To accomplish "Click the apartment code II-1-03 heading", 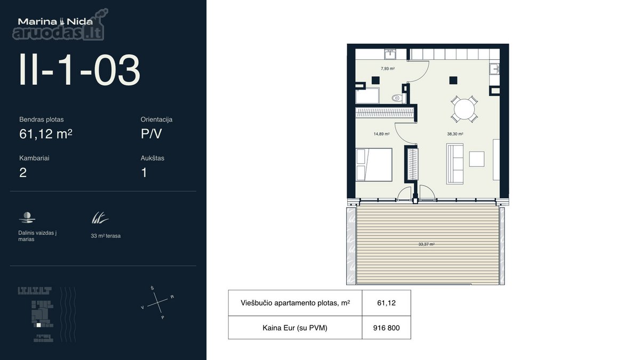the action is point(79,70).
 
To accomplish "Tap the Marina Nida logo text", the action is point(55,21).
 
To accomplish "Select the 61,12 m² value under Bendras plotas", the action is point(46,134).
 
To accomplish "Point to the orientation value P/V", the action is point(151,134).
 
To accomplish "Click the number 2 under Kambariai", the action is point(23,173).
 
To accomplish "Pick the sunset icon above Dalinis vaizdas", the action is point(27,218).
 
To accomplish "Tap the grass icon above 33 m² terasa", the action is point(100,218).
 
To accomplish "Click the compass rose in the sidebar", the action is point(158,302).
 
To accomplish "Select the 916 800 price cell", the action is point(386,327).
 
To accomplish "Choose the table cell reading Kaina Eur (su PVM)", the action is point(295,327).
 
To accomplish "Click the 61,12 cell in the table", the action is point(386,303).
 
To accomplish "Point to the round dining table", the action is point(465,109).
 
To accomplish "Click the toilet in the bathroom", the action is point(397,98).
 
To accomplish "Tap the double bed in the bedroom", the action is point(374,165).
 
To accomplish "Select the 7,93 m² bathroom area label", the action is point(388,69).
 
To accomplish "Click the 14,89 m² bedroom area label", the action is point(381,134).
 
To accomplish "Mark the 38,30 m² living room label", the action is point(455,134).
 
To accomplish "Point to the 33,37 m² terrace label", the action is point(426,244).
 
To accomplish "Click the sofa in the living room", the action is point(455,164).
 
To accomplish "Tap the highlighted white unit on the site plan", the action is point(38,325).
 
